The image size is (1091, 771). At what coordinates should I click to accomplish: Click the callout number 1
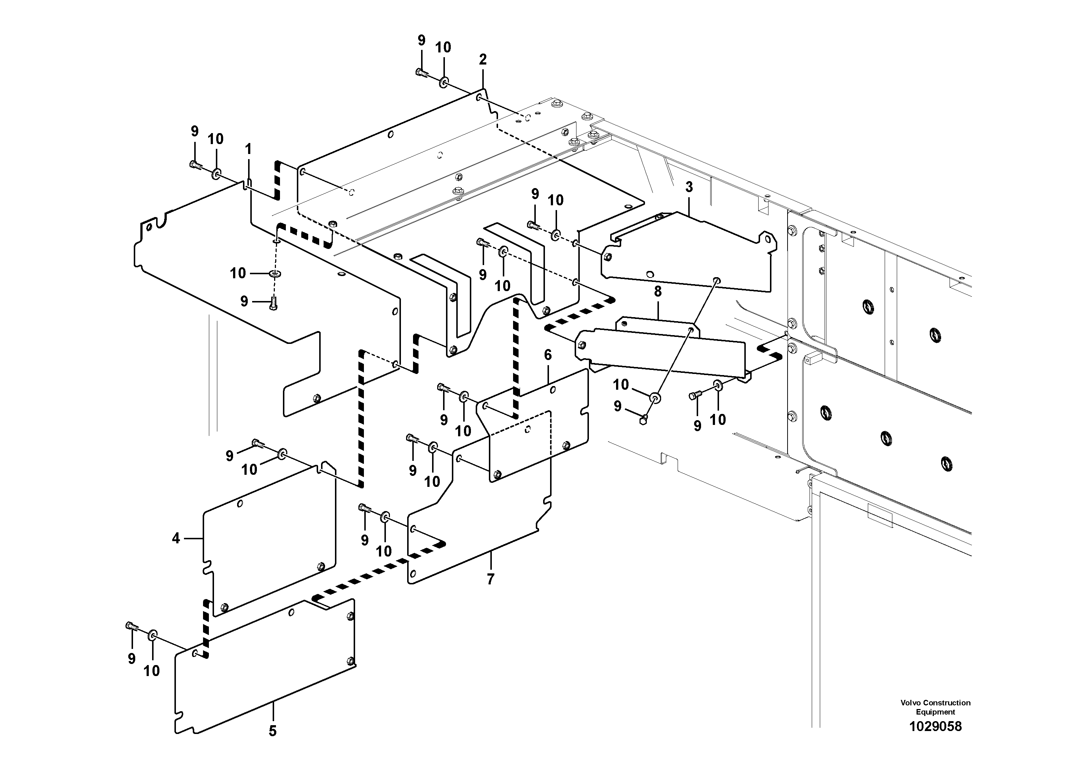[x=248, y=149]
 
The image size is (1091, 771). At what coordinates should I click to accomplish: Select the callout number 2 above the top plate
[x=483, y=60]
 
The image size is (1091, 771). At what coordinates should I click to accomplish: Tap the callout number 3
[x=689, y=187]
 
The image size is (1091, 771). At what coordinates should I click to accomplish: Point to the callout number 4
[x=176, y=539]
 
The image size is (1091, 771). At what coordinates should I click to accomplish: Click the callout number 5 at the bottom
[x=272, y=731]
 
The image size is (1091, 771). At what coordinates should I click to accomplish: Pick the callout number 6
[x=548, y=355]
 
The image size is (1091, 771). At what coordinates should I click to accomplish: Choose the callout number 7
[x=490, y=579]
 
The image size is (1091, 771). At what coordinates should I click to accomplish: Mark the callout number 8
[x=657, y=292]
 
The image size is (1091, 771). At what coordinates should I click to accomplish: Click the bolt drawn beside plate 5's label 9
[x=132, y=627]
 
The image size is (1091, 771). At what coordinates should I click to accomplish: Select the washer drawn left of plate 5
[x=152, y=635]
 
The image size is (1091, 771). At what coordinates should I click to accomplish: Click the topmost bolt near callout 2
[x=421, y=73]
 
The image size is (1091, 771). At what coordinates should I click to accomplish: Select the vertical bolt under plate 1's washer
[x=273, y=303]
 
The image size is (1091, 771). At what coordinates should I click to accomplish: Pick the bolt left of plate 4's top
[x=258, y=443]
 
